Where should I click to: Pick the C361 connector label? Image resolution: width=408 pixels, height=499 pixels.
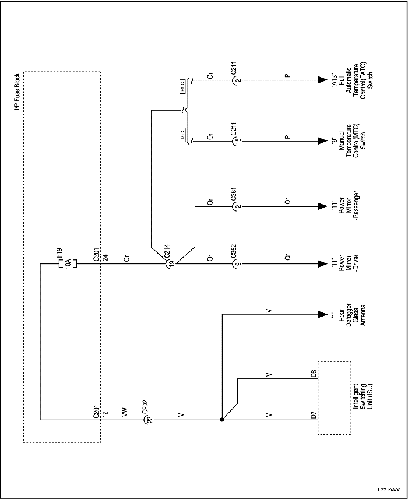[233, 195]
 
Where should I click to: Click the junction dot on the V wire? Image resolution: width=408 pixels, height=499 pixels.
[222, 419]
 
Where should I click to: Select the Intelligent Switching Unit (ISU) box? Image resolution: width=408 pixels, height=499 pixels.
[334, 398]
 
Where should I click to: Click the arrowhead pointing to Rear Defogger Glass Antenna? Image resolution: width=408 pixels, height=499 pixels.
[321, 314]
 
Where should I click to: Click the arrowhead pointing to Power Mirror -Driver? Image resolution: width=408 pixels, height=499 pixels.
[321, 264]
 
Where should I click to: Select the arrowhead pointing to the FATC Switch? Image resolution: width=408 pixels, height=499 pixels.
[321, 80]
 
